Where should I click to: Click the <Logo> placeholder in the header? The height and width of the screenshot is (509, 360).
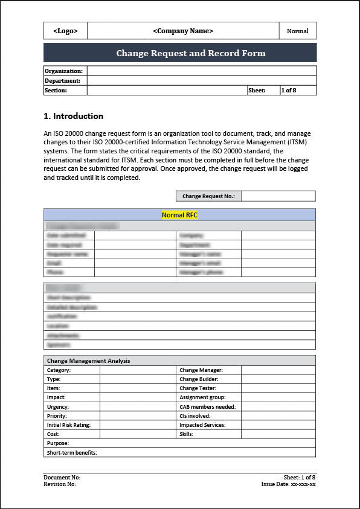(65, 31)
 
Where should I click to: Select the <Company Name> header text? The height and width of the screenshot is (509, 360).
(183, 31)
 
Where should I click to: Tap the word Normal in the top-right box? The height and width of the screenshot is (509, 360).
(297, 31)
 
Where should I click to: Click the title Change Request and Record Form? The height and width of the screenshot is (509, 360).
(191, 53)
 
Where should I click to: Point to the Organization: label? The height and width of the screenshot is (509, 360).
(63, 71)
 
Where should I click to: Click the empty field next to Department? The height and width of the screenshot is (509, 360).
(201, 81)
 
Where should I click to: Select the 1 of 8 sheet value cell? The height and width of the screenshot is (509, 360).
(298, 91)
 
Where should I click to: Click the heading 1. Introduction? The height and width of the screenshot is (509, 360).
(73, 116)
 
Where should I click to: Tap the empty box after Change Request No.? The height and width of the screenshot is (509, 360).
(278, 196)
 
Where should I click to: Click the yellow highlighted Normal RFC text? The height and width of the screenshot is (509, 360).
(179, 215)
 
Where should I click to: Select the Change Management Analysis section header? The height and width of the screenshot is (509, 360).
(88, 361)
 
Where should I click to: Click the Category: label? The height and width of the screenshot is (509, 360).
(59, 370)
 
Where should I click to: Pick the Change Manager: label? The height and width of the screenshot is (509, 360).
(201, 370)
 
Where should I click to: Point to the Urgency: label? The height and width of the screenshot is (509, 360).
(58, 407)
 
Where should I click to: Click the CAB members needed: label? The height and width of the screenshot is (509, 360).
(207, 407)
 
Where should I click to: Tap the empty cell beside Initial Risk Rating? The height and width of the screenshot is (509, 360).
(138, 425)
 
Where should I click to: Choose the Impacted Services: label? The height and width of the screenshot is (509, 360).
(202, 425)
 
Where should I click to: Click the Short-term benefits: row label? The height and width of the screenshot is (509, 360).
(72, 453)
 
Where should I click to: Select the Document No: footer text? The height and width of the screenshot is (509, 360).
(62, 478)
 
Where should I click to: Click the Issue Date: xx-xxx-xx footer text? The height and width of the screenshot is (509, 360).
(288, 484)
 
